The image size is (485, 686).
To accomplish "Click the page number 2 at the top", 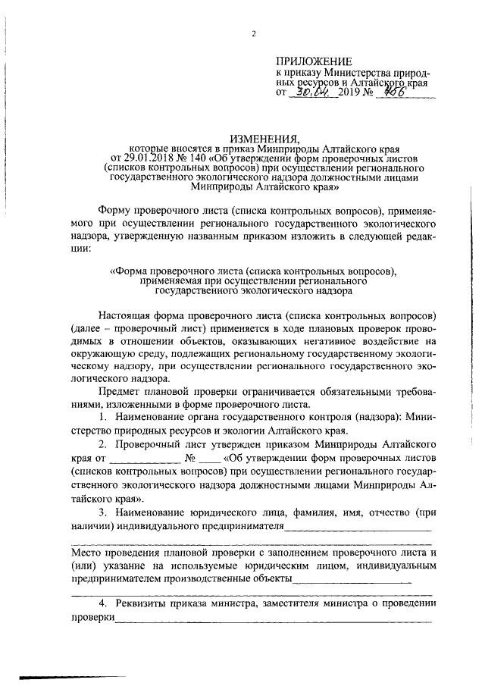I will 255,33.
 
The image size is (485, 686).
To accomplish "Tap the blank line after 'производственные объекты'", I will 352,580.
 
